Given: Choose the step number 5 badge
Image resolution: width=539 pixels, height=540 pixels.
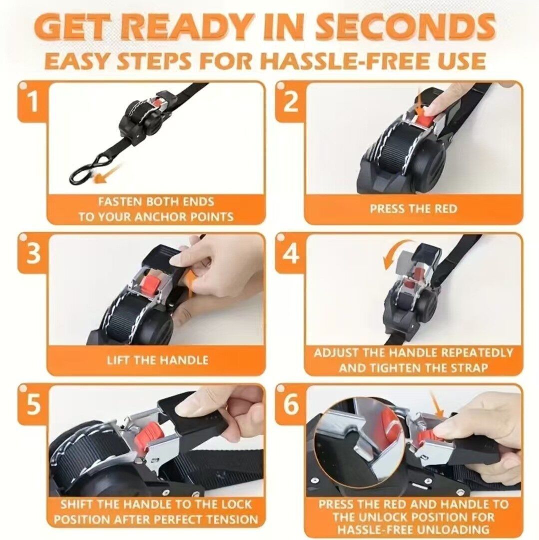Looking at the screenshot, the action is click(x=32, y=404).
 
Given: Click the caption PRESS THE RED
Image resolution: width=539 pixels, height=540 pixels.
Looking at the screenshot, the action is click(x=414, y=208).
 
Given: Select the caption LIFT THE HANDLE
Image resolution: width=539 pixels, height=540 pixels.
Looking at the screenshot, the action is click(x=157, y=360).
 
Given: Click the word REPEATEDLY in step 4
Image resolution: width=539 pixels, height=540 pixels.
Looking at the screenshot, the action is click(x=477, y=352).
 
